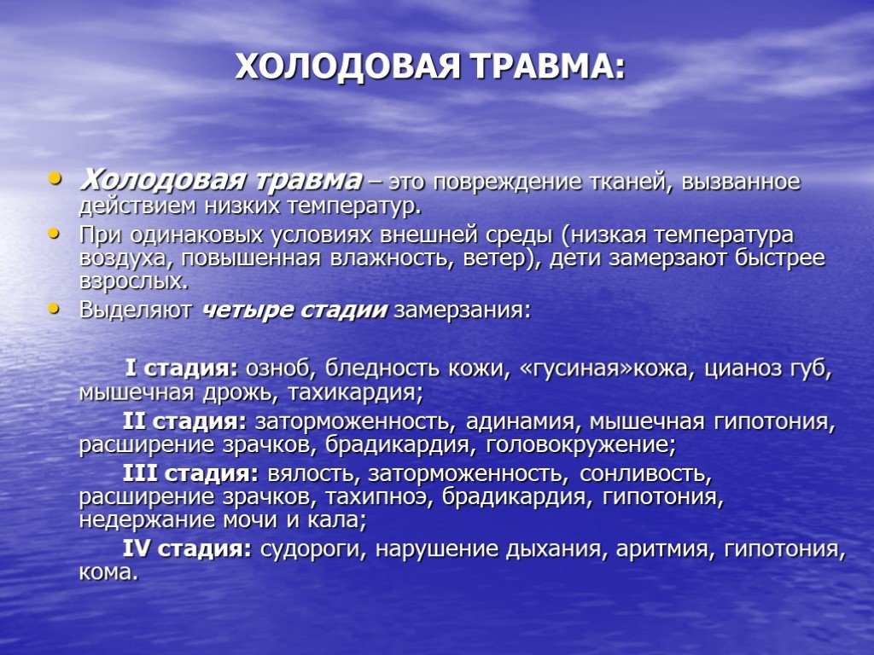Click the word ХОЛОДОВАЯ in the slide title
348,67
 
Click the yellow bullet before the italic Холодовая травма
54,178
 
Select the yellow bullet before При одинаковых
54,233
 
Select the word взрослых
134,281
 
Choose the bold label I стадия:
182,368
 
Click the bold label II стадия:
184,421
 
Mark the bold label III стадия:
190,474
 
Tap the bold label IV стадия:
187,549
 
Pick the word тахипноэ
379,497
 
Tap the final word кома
108,573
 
